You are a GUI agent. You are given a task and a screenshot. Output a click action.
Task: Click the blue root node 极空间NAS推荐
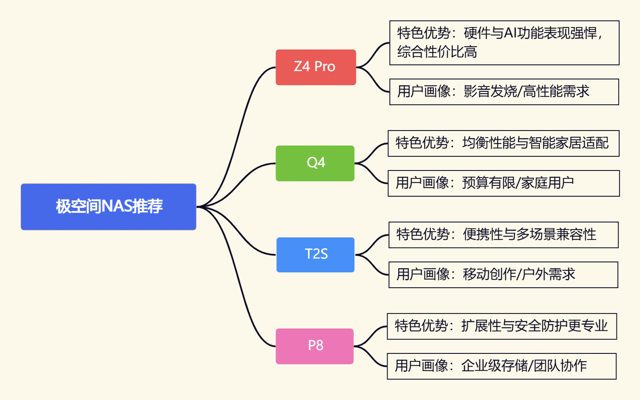coord(108,207)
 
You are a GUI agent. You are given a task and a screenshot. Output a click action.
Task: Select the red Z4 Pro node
coord(316,67)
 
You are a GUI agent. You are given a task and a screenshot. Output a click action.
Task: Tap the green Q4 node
coord(315,163)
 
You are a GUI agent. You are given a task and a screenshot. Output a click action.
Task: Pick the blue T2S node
coord(316,255)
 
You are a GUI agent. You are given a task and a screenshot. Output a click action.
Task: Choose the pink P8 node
coord(315,346)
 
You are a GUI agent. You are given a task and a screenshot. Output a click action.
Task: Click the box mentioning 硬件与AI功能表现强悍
coord(504,43)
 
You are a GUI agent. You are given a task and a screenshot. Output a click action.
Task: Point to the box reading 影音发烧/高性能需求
coord(504,92)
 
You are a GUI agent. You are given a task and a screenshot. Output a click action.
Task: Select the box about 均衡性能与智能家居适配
coord(503,143)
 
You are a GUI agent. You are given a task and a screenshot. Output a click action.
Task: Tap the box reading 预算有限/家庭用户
coord(503,183)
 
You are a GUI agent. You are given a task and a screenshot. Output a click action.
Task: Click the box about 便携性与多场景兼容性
coord(503,235)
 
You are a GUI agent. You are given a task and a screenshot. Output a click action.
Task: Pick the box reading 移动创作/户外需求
coord(503,275)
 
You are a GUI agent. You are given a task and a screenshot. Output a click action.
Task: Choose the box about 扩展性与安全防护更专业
coord(502,326)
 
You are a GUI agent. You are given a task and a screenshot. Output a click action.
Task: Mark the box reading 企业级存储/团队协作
coord(501,366)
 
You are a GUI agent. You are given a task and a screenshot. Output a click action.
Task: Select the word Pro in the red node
coord(325,67)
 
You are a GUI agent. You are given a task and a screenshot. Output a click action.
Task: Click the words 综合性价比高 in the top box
coord(437,52)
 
